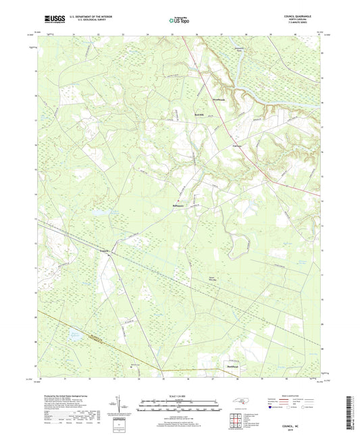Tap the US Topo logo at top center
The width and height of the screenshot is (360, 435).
tap(180, 21)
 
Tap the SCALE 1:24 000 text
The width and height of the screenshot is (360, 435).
tap(180, 396)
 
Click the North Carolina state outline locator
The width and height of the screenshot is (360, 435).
tap(240, 403)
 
